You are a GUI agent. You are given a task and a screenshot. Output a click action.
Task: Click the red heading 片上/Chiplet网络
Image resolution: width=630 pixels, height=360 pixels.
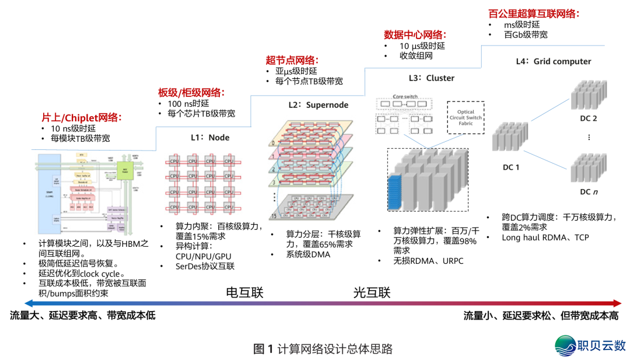tap(81, 117)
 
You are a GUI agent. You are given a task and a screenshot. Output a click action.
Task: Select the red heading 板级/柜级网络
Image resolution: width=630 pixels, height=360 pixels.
tap(191, 93)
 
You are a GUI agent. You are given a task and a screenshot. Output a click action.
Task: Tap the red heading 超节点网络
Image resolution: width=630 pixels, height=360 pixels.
tap(292, 60)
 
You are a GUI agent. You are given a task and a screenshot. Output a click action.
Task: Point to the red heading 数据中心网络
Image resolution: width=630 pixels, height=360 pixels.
tap(415, 34)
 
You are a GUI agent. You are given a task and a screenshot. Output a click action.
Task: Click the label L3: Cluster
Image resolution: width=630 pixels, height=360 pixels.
tap(431, 78)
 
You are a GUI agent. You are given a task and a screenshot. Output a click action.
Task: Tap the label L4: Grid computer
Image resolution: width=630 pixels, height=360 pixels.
tap(553, 61)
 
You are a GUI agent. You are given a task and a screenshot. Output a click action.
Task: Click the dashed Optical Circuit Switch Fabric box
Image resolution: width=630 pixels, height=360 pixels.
tap(466, 118)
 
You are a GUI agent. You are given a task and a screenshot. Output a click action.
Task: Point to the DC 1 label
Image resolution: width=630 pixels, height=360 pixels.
tap(511, 167)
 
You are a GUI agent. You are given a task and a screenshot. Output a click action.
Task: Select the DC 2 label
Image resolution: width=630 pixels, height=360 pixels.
tap(589, 118)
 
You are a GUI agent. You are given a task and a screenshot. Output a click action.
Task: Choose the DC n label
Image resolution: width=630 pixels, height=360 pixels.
tap(589, 191)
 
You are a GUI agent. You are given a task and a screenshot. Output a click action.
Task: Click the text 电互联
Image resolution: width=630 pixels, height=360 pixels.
tap(244, 292)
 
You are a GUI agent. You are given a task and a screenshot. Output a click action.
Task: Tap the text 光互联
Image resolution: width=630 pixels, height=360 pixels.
tap(372, 292)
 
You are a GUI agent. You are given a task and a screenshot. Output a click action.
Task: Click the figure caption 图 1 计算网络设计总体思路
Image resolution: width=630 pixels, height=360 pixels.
tap(323, 349)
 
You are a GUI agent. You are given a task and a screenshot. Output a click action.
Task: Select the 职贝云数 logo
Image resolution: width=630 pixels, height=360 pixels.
tap(589, 344)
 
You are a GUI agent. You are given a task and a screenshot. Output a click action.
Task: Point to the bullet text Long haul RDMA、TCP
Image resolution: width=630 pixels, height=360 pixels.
tap(545, 237)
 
